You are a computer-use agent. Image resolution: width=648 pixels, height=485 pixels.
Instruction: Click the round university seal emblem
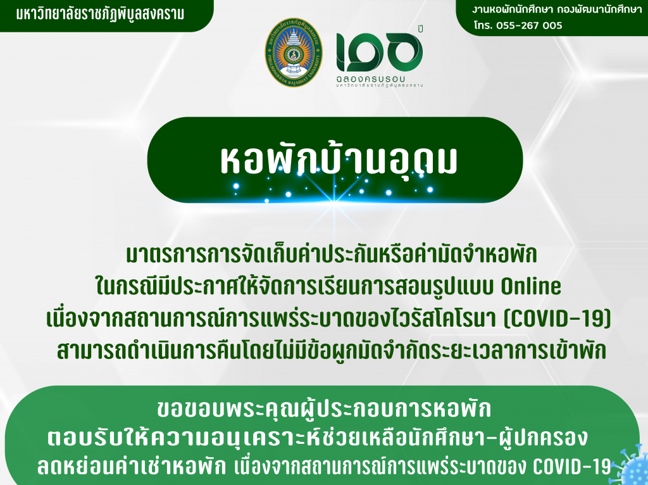coord(294,53)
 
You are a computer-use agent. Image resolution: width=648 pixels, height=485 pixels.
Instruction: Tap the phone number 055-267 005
coord(529,25)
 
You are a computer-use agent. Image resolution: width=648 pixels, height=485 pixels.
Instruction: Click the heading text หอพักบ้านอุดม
coord(339,160)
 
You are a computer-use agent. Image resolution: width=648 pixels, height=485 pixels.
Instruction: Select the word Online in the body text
coord(531,286)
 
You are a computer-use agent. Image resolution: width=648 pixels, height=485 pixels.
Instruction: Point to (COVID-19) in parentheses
coord(557,318)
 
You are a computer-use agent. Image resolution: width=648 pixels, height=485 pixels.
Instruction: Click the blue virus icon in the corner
coord(629,465)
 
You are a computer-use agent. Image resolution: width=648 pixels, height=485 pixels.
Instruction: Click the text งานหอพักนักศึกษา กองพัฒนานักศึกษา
coord(557,9)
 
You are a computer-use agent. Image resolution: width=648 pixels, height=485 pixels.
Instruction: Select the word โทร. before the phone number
coord(483,25)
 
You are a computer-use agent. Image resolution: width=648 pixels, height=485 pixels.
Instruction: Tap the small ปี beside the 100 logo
coord(421,28)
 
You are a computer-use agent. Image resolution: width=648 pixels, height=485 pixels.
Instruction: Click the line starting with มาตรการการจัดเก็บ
coord(332,255)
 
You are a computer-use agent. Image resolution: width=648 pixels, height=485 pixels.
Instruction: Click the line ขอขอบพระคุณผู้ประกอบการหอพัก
coord(324,409)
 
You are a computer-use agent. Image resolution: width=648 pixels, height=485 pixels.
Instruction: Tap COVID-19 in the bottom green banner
coord(571,467)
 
